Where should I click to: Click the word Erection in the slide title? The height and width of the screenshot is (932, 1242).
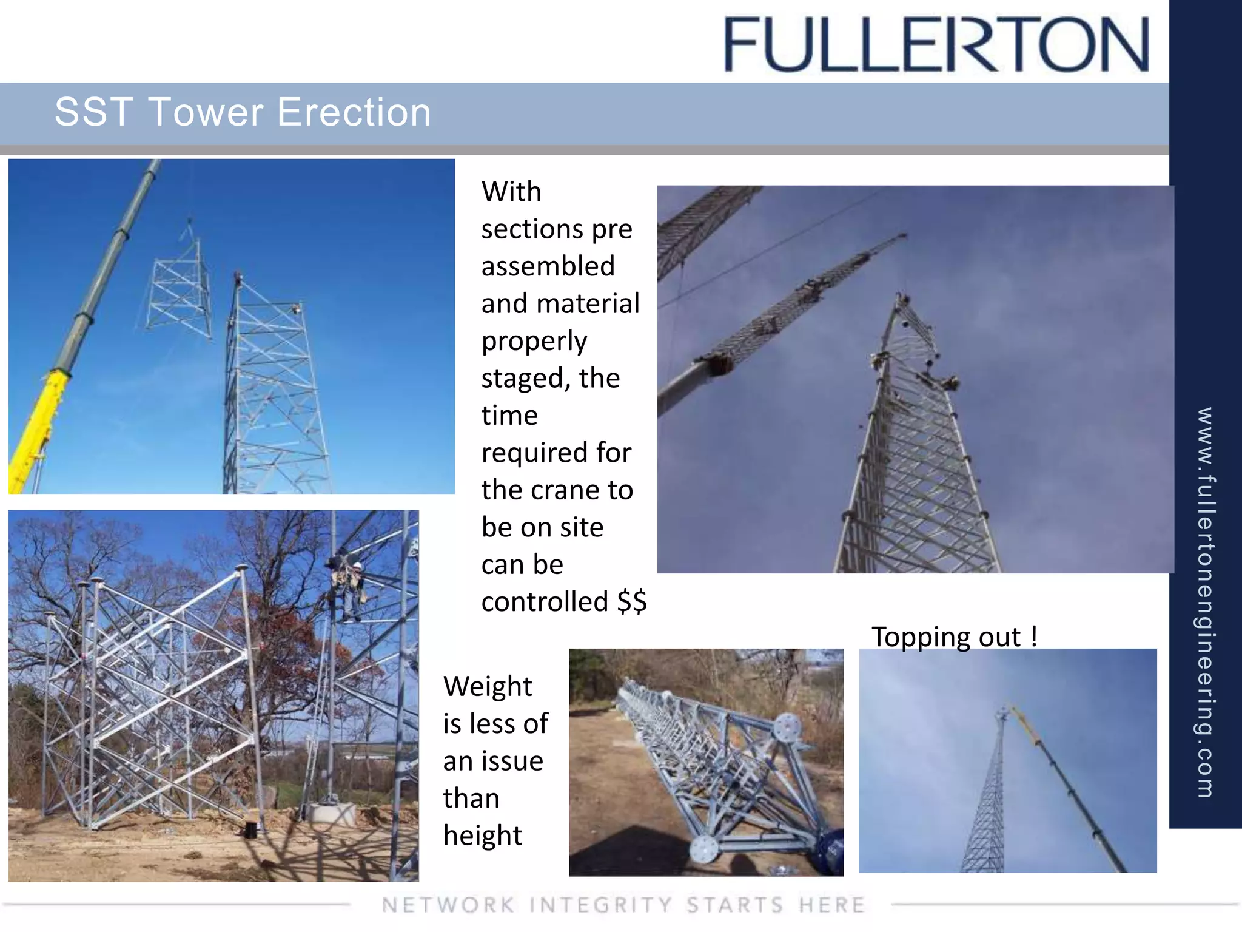coord(354,112)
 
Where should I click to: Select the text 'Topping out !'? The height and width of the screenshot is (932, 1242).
coord(954,637)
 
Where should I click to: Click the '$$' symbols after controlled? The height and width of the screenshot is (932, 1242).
coord(632,602)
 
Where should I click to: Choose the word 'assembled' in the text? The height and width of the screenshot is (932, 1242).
coord(548,266)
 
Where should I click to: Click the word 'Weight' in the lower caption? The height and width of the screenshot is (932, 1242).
coord(488,687)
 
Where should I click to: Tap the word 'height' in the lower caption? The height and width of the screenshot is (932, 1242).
coord(482,836)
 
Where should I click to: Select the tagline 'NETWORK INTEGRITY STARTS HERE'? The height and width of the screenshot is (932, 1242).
coord(623,905)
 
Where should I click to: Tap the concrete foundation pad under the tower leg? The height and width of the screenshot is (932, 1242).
coord(331,812)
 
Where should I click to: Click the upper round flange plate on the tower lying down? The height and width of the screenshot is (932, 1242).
coord(787,727)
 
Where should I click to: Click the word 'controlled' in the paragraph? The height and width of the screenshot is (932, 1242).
coord(545,602)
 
